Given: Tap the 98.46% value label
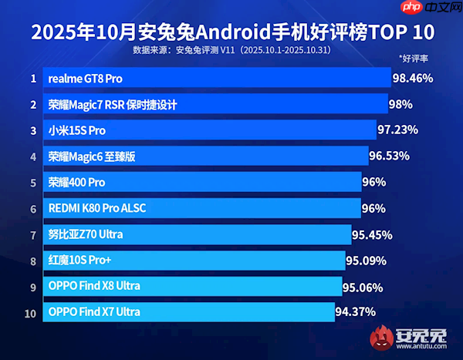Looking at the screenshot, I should (412, 78).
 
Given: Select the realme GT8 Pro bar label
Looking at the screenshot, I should (85, 79).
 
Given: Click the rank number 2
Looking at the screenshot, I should (33, 104).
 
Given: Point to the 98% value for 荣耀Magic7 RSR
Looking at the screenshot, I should (401, 104).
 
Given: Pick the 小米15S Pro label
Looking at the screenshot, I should (76, 130).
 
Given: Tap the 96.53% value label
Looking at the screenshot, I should (389, 156).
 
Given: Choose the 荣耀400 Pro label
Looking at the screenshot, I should (76, 183).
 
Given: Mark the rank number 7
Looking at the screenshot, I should (33, 234).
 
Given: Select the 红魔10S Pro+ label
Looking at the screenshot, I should (80, 261).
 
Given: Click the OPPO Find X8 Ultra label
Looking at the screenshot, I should (94, 287).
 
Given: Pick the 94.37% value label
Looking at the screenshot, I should (355, 312).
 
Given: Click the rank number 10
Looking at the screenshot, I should (31, 312).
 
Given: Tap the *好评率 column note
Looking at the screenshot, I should (414, 59).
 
